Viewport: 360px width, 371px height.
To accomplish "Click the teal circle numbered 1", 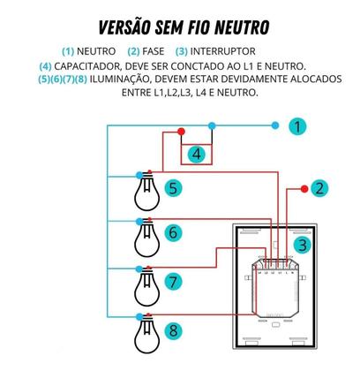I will [297, 127].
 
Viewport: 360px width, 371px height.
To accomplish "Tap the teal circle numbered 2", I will [319, 187].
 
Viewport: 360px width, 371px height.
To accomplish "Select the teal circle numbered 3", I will [303, 246].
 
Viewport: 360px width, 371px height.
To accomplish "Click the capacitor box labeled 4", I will [198, 155].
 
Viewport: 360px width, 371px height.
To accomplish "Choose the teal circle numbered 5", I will [173, 187].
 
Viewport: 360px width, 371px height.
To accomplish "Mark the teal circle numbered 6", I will [173, 234].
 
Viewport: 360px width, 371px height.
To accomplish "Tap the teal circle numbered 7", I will [173, 283].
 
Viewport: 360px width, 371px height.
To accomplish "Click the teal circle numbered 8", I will [173, 332].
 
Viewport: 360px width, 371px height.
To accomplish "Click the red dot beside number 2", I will [304, 186].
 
